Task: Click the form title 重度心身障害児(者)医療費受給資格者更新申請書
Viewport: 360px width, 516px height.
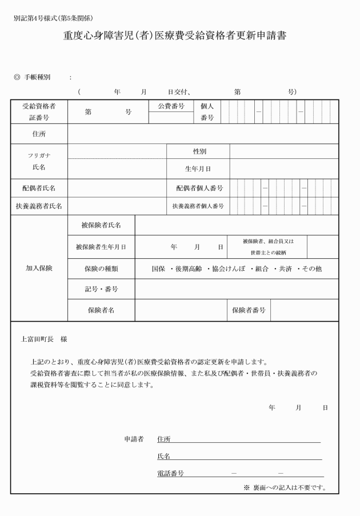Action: click(x=174, y=37)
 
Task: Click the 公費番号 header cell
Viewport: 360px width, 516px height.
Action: click(x=171, y=106)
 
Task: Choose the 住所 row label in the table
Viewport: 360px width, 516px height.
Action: click(x=39, y=134)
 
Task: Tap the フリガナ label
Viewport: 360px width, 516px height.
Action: click(x=39, y=155)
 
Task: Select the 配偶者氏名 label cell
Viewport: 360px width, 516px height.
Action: click(x=39, y=187)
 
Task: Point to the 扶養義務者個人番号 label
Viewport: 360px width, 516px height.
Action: click(x=198, y=206)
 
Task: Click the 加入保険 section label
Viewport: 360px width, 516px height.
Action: click(x=39, y=268)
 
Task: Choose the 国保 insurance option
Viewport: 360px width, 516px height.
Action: click(x=158, y=268)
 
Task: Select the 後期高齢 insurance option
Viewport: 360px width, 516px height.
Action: click(x=189, y=268)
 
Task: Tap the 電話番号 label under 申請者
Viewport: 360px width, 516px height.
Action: click(x=170, y=473)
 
